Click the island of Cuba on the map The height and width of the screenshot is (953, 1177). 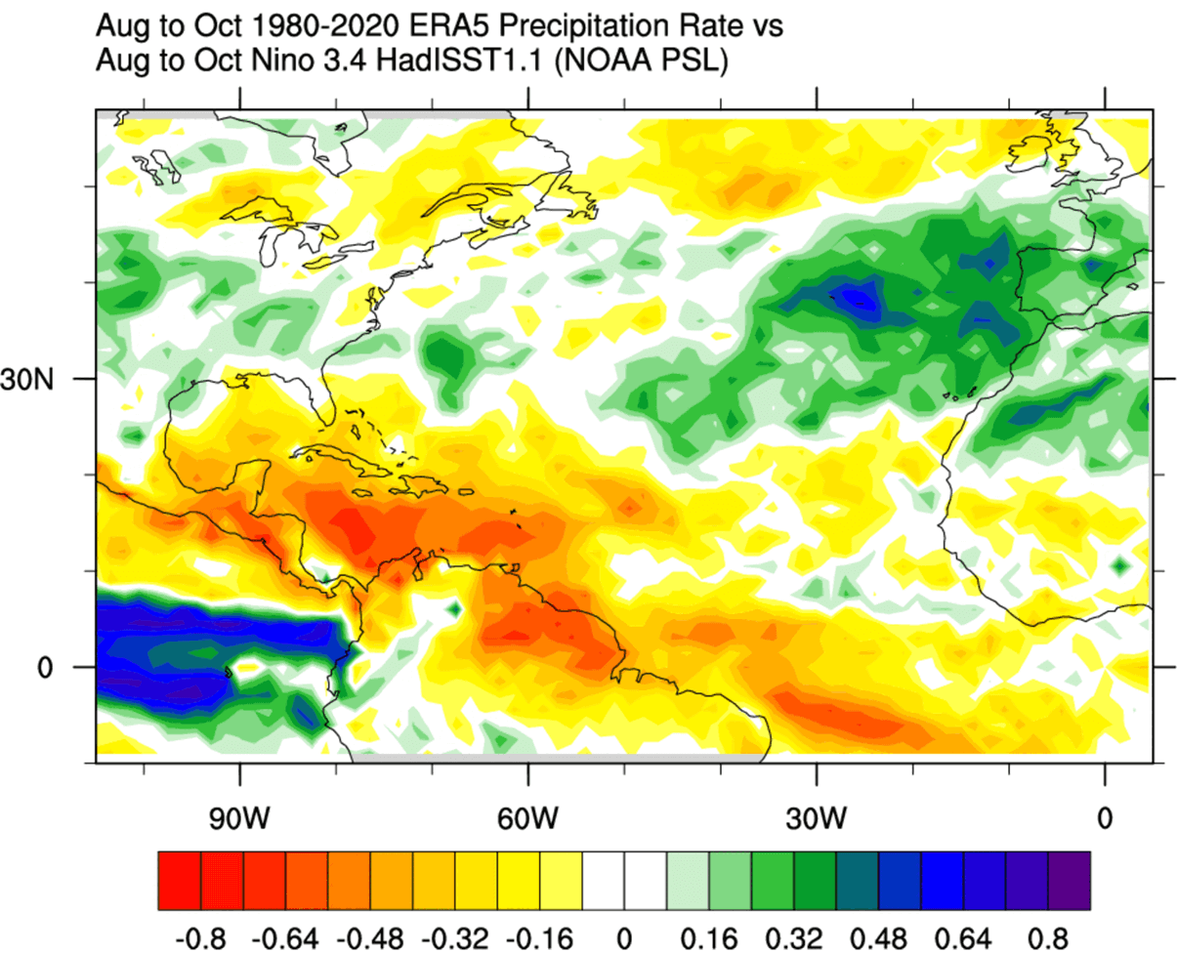337,456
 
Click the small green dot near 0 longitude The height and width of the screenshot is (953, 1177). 1120,564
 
